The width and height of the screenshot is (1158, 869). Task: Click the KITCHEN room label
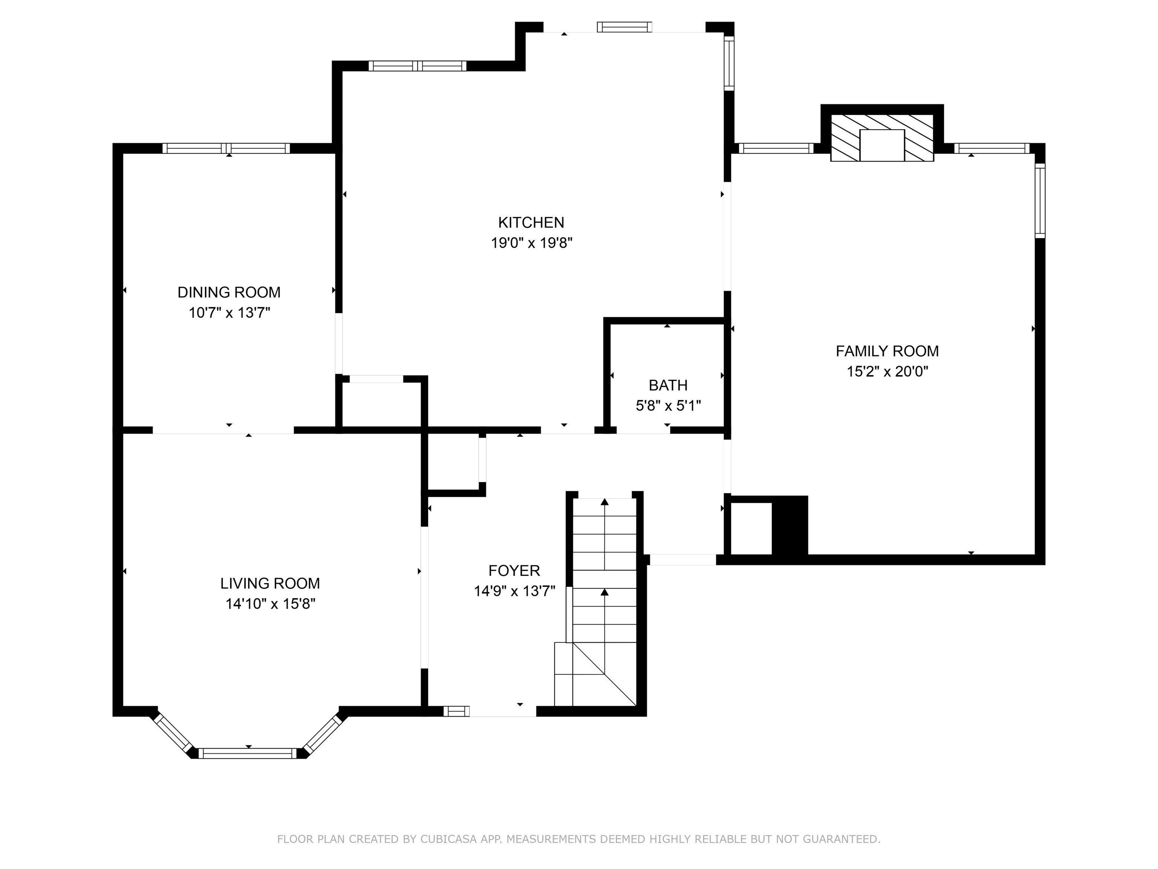pyautogui.click(x=531, y=223)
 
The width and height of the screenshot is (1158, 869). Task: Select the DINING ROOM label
pyautogui.click(x=229, y=292)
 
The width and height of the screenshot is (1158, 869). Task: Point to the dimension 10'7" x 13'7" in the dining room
pyautogui.click(x=229, y=313)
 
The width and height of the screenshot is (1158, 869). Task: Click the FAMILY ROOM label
pyautogui.click(x=887, y=351)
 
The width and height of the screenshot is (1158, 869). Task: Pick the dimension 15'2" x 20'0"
pyautogui.click(x=887, y=372)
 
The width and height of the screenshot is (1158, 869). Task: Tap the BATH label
pyautogui.click(x=668, y=385)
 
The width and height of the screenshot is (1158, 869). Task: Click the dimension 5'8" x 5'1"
pyautogui.click(x=668, y=406)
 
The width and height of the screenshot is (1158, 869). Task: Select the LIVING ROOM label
pyautogui.click(x=270, y=583)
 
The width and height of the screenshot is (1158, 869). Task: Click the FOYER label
pyautogui.click(x=514, y=570)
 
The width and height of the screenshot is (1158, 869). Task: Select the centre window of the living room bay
pyautogui.click(x=247, y=753)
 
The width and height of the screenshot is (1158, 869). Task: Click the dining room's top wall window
pyautogui.click(x=226, y=148)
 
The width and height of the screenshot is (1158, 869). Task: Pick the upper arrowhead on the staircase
pyautogui.click(x=605, y=502)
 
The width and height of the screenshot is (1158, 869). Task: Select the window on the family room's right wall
pyautogui.click(x=1040, y=201)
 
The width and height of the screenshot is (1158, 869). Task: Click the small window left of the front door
pyautogui.click(x=456, y=711)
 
